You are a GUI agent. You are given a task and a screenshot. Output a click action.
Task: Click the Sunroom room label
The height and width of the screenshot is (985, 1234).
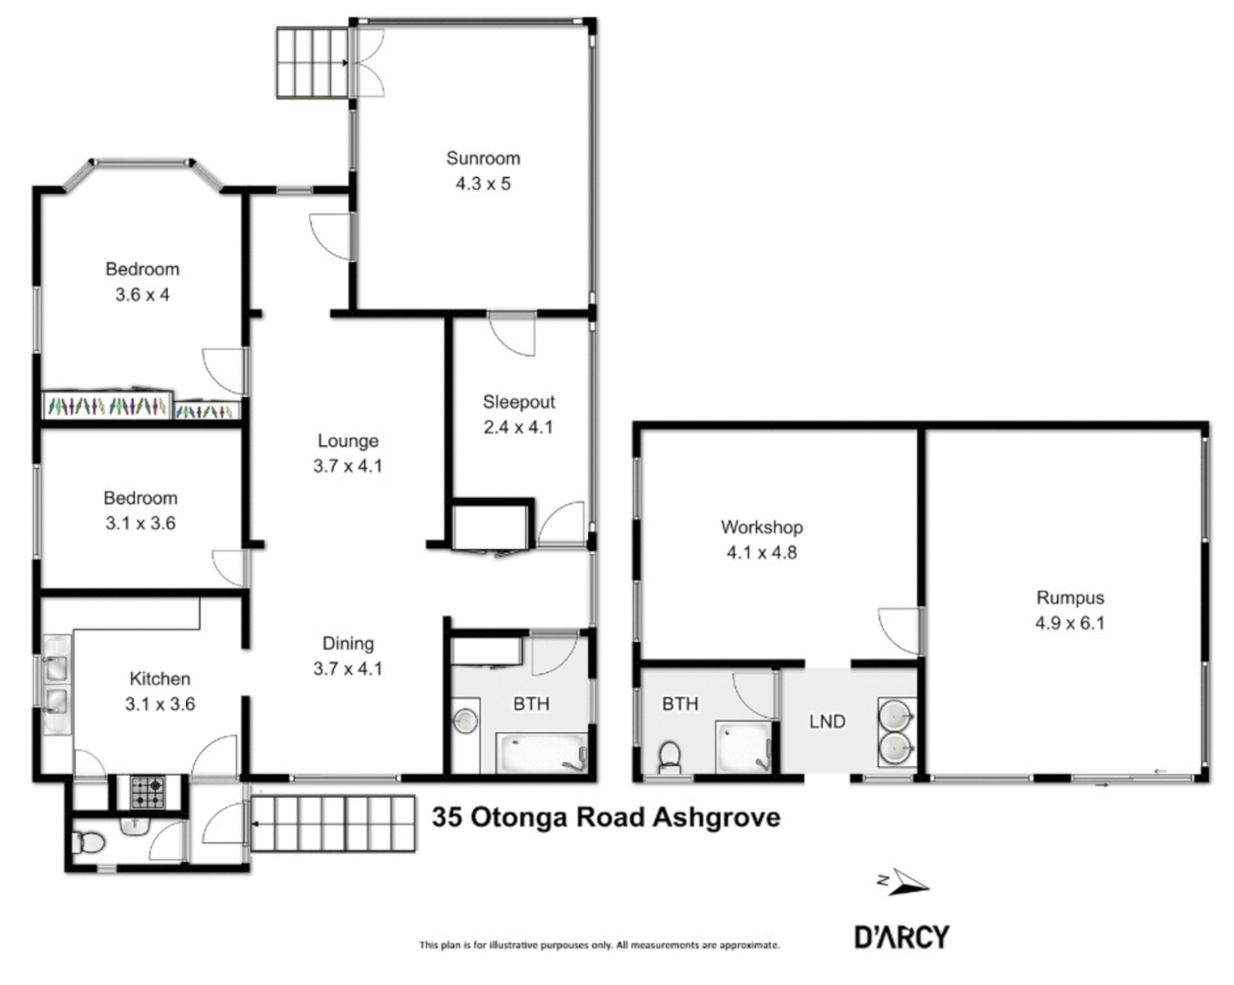click(x=482, y=158)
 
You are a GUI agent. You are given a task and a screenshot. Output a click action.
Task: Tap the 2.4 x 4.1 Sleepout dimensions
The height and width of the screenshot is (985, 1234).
click(x=518, y=427)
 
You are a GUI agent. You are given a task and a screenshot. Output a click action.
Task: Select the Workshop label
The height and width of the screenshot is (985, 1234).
click(x=762, y=527)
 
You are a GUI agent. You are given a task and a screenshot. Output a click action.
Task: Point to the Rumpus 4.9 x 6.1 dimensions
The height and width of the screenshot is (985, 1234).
click(x=1069, y=623)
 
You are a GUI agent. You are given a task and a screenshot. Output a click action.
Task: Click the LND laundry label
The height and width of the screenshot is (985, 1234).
click(x=827, y=721)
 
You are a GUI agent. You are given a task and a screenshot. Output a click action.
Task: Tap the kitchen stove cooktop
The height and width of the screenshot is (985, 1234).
click(x=148, y=792)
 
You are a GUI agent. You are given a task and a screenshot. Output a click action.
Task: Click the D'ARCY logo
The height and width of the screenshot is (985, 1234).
click(x=901, y=937)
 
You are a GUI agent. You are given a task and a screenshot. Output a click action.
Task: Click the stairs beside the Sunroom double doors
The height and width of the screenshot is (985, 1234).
click(x=312, y=62)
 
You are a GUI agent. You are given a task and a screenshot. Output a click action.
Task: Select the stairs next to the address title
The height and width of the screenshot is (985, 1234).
click(x=334, y=824)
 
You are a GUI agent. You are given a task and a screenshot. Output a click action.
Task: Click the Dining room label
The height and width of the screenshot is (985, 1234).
click(x=347, y=644)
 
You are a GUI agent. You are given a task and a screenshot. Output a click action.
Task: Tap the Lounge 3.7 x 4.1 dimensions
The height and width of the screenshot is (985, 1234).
click(x=347, y=466)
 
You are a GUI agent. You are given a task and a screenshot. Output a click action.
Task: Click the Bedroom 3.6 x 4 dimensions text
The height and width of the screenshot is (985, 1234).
click(x=142, y=295)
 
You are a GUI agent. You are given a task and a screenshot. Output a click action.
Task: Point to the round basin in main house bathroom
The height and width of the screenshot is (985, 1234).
click(x=466, y=721)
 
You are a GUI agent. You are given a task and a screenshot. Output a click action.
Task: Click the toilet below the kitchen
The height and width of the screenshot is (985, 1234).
click(x=89, y=845)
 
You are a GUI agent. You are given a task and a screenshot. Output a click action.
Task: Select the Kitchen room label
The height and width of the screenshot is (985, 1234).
click(x=160, y=679)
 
